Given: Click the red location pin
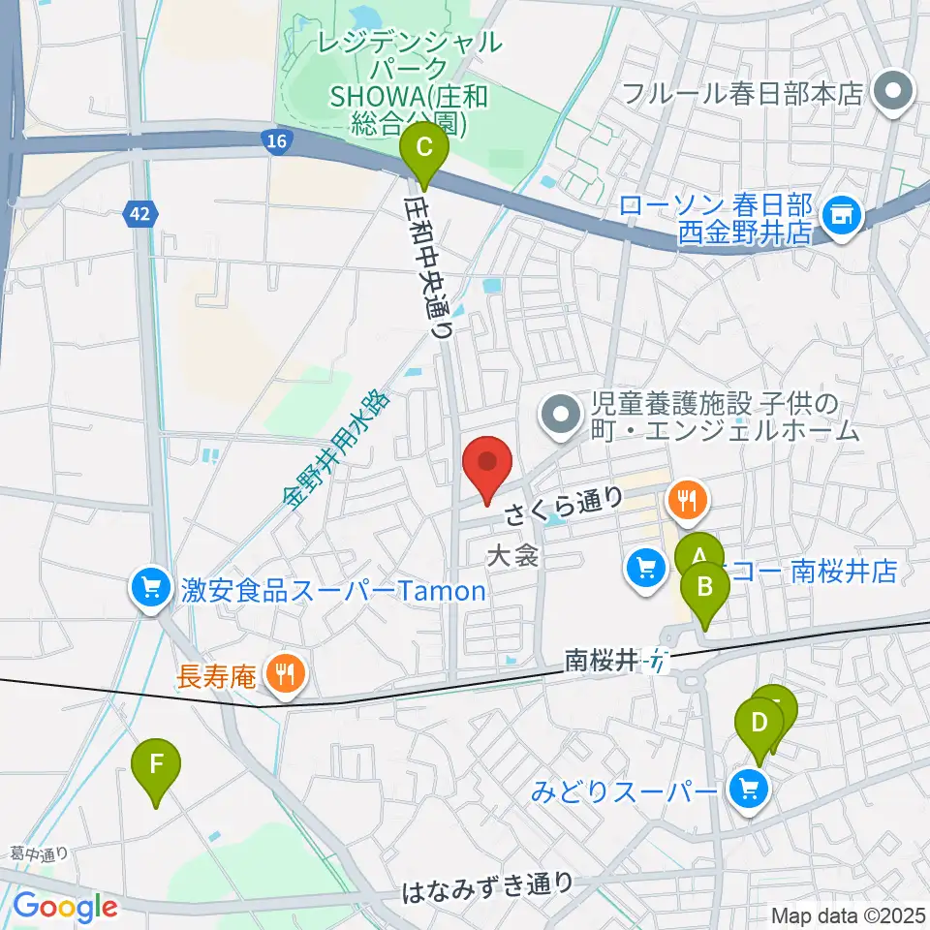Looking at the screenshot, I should coord(487,467).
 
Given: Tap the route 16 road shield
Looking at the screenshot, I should coord(277,142).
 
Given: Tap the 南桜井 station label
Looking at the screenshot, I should coord(603,662).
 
